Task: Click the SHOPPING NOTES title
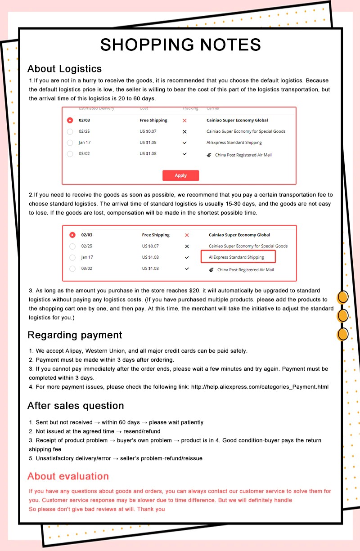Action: [x=180, y=45]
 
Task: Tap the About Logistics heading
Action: [x=64, y=69]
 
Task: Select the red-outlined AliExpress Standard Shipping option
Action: [x=238, y=257]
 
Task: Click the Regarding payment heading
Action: [x=75, y=335]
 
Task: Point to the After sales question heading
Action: [x=76, y=406]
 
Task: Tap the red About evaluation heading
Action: [x=68, y=476]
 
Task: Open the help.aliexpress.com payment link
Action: [x=260, y=387]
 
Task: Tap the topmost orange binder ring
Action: [x=343, y=297]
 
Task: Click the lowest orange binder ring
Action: [x=343, y=334]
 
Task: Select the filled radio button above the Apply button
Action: [x=70, y=121]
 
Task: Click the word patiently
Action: [x=189, y=422]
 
